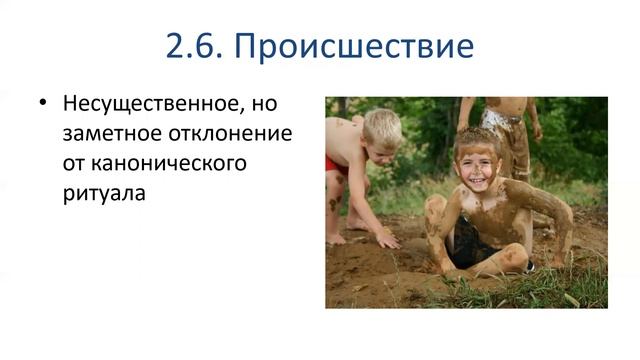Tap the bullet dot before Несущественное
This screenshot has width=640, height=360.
(42, 103)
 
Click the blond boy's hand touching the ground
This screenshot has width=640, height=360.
(386, 241)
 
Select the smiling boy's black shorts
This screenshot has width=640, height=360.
(469, 246)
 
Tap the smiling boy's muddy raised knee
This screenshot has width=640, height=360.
(436, 212)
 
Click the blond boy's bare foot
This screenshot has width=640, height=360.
(337, 238)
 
